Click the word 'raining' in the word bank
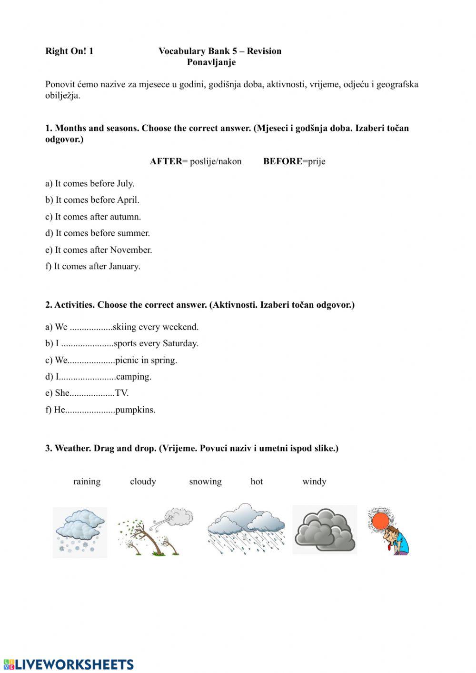(x=87, y=482)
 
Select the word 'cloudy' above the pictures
(x=143, y=482)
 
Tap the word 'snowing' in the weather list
(x=205, y=482)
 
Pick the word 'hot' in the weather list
(x=257, y=482)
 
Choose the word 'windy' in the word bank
(x=314, y=482)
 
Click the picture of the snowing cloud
(x=80, y=532)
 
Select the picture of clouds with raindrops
(x=246, y=529)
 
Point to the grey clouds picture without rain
(x=325, y=530)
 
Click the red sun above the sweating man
(x=380, y=520)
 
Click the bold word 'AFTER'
(x=166, y=161)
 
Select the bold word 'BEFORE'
(x=283, y=161)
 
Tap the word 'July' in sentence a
(x=125, y=184)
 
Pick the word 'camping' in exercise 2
(x=133, y=377)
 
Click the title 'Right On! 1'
(x=69, y=51)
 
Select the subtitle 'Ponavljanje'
(x=211, y=62)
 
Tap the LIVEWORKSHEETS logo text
(x=74, y=664)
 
